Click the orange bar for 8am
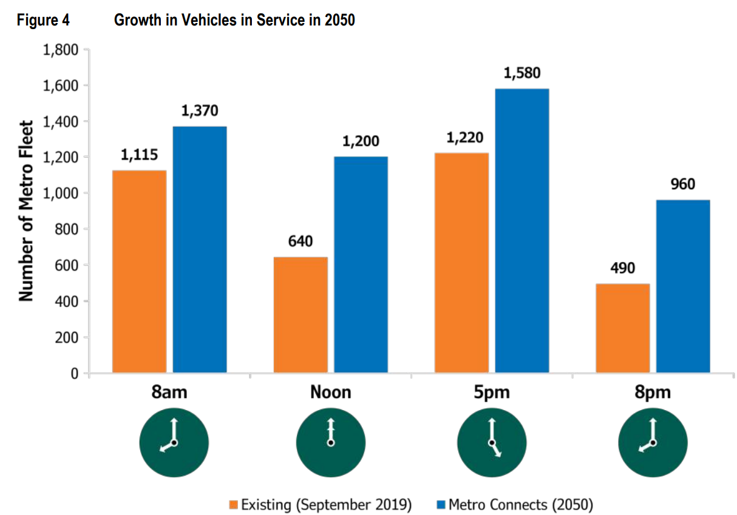[139, 271]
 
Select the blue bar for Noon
[361, 264]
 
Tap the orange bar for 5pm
[461, 263]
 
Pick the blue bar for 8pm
[683, 286]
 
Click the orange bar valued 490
[622, 328]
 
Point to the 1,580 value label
[521, 74]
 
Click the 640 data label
[301, 242]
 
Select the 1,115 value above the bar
[139, 155]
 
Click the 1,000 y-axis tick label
[61, 194]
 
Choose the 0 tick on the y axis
[74, 374]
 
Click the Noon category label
[330, 392]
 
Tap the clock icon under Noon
[331, 443]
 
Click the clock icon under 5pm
[492, 443]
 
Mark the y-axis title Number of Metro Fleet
[25, 211]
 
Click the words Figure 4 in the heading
[43, 21]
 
